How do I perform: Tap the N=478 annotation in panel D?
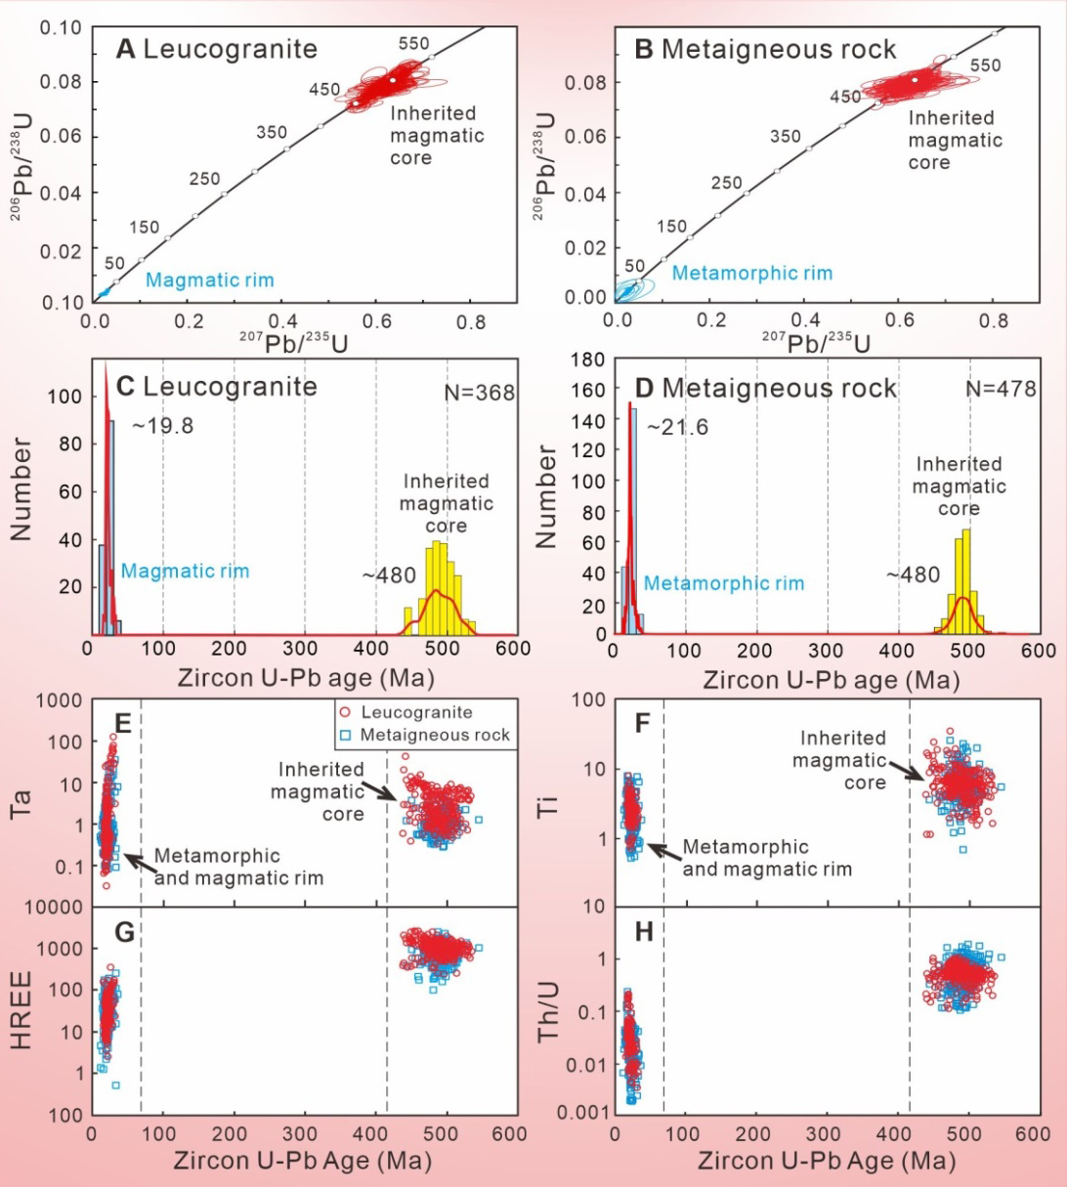click(1001, 388)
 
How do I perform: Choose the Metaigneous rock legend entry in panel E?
click(426, 735)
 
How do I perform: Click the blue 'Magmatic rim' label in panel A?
click(209, 280)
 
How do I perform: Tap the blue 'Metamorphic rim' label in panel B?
click(752, 273)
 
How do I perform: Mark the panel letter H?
click(644, 933)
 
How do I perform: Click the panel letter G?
click(123, 933)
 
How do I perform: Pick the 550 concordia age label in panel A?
click(413, 44)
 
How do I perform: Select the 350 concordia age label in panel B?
click(785, 137)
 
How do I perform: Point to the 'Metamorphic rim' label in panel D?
click(724, 583)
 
